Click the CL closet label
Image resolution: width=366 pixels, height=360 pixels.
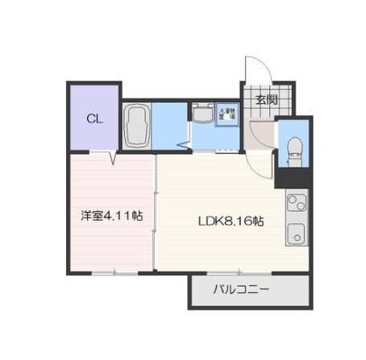click(x=94, y=119)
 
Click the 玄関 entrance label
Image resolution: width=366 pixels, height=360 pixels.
click(x=266, y=100)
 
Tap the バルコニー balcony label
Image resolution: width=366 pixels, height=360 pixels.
click(x=242, y=290)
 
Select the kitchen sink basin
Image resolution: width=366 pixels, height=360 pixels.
click(x=295, y=238)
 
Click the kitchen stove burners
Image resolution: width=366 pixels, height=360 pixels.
click(x=295, y=205)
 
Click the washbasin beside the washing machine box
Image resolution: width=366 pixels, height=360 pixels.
click(x=201, y=115)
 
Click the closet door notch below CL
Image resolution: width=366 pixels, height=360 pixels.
click(x=112, y=156)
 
